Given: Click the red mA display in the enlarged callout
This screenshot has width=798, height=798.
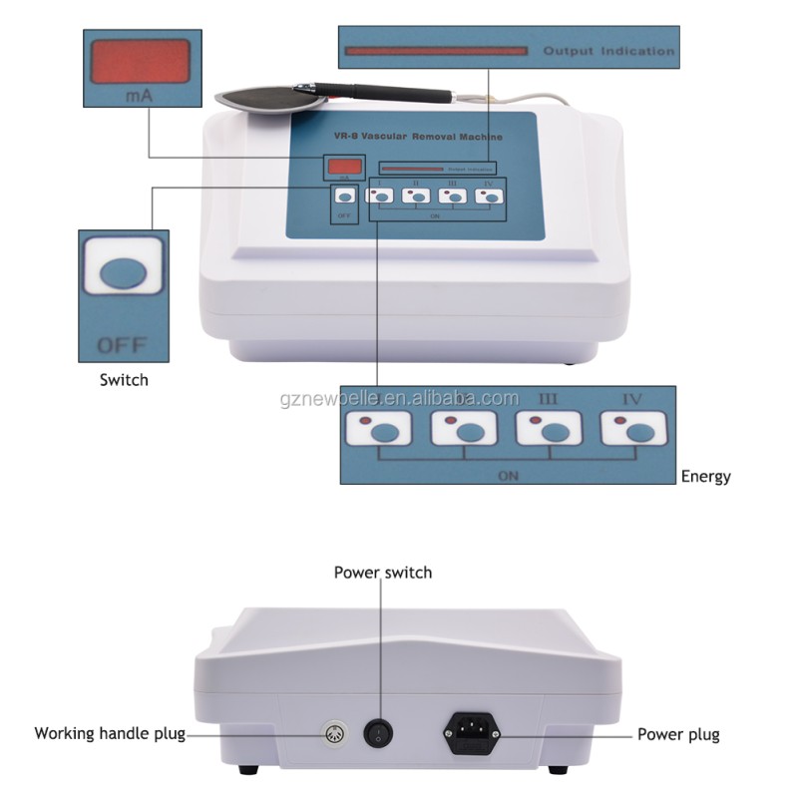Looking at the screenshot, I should [x=139, y=61].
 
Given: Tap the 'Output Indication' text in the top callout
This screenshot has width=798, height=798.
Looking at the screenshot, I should [x=608, y=51].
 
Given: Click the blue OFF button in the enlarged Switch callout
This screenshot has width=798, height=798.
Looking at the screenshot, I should [x=124, y=272].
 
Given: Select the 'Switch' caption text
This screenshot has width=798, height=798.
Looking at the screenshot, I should [x=124, y=380].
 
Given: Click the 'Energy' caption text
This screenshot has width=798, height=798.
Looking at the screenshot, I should [x=705, y=477].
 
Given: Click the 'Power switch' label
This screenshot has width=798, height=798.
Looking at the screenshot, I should [x=383, y=573].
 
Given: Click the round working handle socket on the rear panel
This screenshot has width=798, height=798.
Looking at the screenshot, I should [x=336, y=735].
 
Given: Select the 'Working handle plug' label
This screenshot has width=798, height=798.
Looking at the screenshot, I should [x=110, y=734].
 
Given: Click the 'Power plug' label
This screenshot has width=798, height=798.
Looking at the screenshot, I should [x=678, y=735].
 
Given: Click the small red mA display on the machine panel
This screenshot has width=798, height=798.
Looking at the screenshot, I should [x=343, y=166].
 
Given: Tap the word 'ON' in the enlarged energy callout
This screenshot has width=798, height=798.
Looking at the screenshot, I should [x=508, y=476].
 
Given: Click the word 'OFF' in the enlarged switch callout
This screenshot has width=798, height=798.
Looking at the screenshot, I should [x=122, y=346].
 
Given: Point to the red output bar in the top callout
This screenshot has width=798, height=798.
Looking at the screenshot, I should [x=434, y=50].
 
